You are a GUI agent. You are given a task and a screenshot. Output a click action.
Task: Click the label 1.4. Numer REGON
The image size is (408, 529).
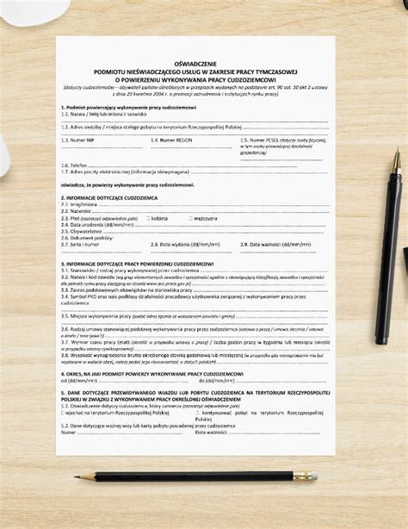(x=167, y=138)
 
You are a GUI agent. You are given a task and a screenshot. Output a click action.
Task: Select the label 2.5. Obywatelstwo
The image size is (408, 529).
(x=82, y=231)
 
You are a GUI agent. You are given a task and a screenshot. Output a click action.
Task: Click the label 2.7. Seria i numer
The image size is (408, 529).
(x=80, y=244)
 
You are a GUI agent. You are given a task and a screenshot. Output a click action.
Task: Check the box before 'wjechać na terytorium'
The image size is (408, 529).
(x=63, y=412)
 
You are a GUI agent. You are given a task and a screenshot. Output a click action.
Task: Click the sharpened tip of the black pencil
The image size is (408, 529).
(x=97, y=475)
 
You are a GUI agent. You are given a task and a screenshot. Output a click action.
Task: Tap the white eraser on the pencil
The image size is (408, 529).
(x=314, y=475)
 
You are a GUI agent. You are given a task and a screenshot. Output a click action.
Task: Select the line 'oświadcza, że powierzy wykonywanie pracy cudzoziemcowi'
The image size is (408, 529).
(x=127, y=184)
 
